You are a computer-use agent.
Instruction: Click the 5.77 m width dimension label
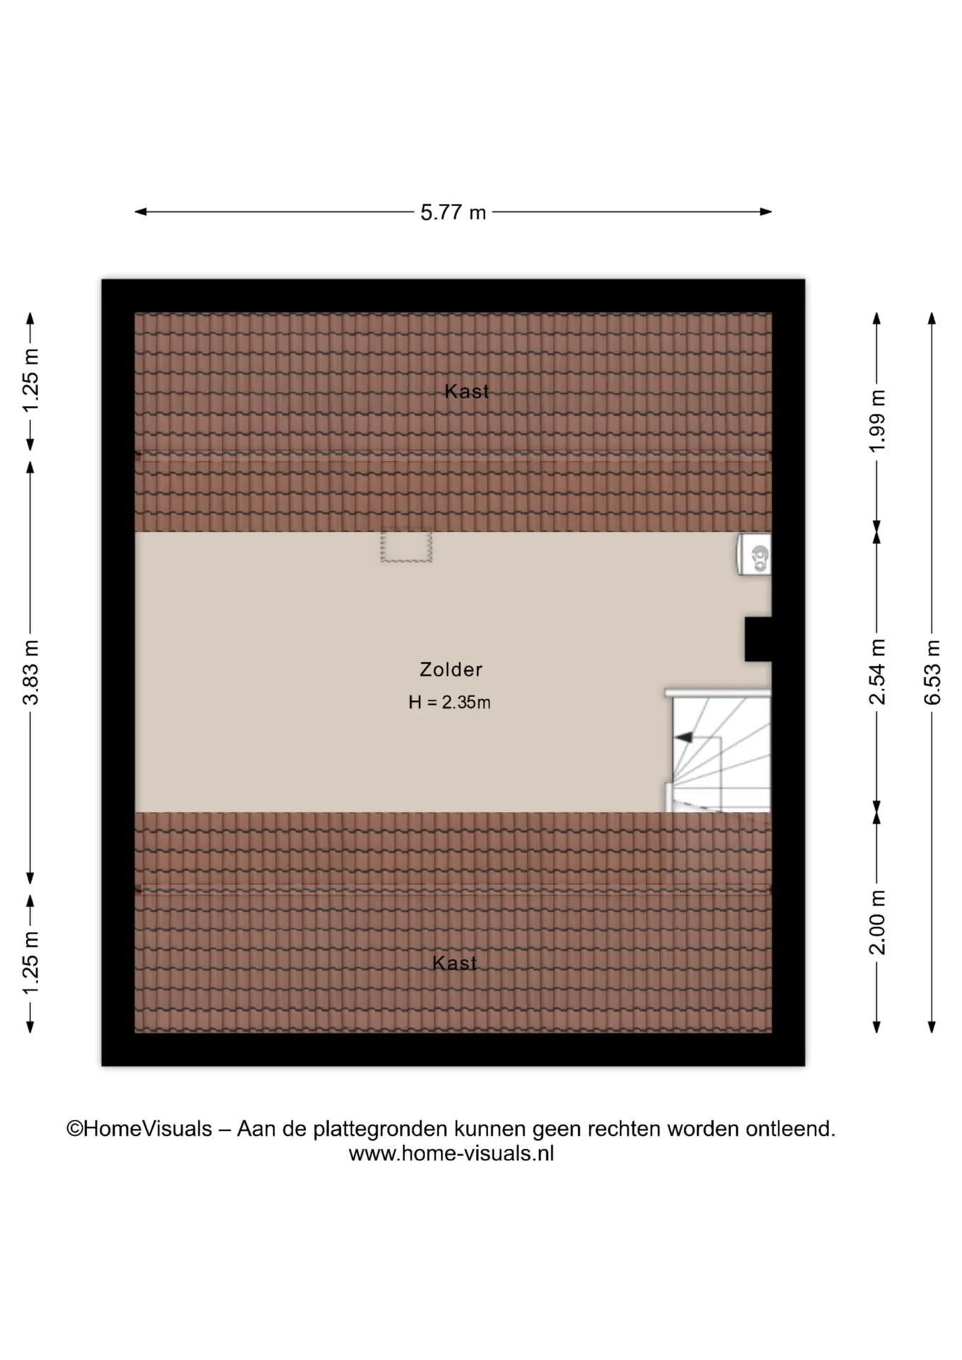pyautogui.click(x=453, y=212)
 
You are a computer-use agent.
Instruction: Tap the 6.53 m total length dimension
pyautogui.click(x=932, y=672)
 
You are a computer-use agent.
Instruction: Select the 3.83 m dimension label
pyautogui.click(x=30, y=672)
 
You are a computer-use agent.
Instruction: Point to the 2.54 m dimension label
pyautogui.click(x=877, y=671)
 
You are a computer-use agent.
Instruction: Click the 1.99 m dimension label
pyautogui.click(x=877, y=421)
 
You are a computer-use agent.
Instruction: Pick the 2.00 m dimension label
pyautogui.click(x=877, y=922)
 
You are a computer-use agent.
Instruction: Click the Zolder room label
pyautogui.click(x=451, y=669)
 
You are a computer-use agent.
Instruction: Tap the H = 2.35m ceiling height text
pyautogui.click(x=450, y=703)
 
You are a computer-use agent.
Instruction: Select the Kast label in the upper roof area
pyautogui.click(x=467, y=392)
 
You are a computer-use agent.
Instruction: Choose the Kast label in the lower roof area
pyautogui.click(x=455, y=963)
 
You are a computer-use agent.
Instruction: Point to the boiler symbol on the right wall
pyautogui.click(x=754, y=554)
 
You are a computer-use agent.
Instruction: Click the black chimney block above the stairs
pyautogui.click(x=758, y=640)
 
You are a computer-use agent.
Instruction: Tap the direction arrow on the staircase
pyautogui.click(x=684, y=737)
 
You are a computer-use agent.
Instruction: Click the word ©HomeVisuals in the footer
pyautogui.click(x=140, y=1128)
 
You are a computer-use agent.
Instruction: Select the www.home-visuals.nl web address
pyautogui.click(x=451, y=1154)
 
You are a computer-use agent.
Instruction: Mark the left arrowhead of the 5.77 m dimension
pyautogui.click(x=140, y=212)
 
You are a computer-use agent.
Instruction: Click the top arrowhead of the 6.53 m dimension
pyautogui.click(x=932, y=318)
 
